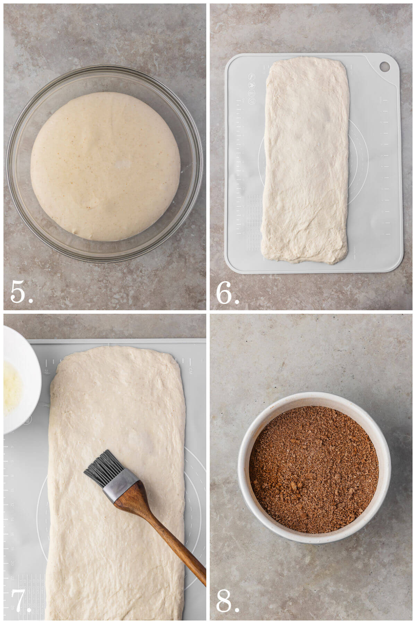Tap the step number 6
click(x=227, y=293)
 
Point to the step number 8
click(x=227, y=603)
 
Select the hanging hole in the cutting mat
click(x=384, y=66)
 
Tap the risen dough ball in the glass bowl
click(x=104, y=166)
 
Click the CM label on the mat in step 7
click(x=190, y=371)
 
